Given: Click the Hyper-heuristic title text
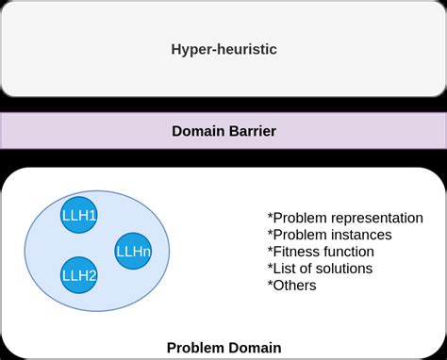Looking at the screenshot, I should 223,48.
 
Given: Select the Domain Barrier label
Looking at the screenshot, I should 223,131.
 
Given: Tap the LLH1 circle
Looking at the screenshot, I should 80,216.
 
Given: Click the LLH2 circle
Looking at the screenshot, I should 80,274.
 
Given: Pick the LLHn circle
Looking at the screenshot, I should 132,251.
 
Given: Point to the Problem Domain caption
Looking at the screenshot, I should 223,347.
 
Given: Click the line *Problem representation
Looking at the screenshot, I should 345,218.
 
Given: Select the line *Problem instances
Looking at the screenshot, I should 329,235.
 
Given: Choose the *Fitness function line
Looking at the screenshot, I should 321,252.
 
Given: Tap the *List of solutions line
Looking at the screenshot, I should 320,269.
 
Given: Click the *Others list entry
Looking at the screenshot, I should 291,286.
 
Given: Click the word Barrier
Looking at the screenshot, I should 251,131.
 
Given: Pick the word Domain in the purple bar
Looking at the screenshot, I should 196,131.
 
